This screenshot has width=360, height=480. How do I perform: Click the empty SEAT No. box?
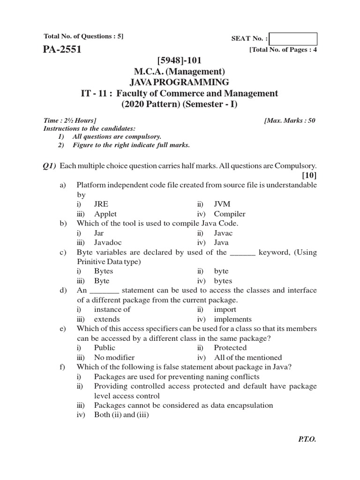tap(293, 39)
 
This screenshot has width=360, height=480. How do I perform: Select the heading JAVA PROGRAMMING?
tap(180, 82)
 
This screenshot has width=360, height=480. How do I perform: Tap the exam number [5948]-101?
tap(180, 60)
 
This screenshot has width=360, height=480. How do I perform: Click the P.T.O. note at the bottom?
tap(307, 440)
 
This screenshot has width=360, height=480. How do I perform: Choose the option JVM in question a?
tap(222, 204)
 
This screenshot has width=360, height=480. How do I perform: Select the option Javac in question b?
tap(223, 233)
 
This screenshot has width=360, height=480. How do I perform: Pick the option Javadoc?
tap(108, 242)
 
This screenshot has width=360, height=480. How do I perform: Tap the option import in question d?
tap(225, 309)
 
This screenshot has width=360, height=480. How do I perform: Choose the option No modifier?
tap(114, 357)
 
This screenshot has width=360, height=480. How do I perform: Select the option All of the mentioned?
tap(248, 357)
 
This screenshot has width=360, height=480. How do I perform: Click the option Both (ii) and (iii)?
tap(121, 414)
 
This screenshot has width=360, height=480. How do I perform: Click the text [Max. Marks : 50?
tap(290, 120)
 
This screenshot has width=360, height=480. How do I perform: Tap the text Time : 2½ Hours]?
tap(70, 120)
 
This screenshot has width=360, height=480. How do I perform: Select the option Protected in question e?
tap(230, 348)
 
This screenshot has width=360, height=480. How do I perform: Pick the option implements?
tap(232, 319)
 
